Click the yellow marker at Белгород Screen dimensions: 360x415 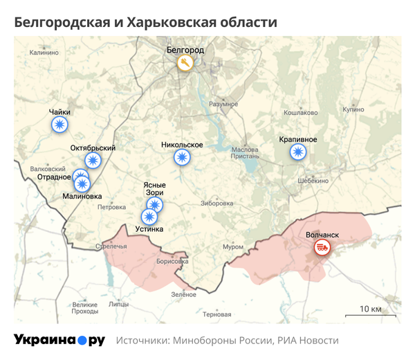[x=185, y=64]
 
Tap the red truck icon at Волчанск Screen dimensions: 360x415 [x=322, y=246]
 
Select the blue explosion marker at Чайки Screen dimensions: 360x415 [x=60, y=125]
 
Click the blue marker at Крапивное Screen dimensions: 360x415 [x=297, y=152]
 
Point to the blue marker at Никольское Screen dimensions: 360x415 [x=182, y=158]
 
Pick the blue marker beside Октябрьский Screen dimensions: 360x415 [x=92, y=161]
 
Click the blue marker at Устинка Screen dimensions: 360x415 [x=149, y=216]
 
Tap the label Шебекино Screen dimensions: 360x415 [x=312, y=180]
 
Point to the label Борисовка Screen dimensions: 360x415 [x=172, y=261]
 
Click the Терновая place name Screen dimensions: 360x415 [x=217, y=314]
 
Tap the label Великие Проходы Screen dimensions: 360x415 [x=85, y=308]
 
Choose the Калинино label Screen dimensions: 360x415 [x=44, y=52]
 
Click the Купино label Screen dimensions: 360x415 [x=353, y=109]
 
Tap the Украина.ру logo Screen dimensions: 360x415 [x=59, y=340]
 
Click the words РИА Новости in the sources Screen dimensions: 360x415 [x=308, y=341]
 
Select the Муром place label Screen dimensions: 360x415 [x=232, y=247]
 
